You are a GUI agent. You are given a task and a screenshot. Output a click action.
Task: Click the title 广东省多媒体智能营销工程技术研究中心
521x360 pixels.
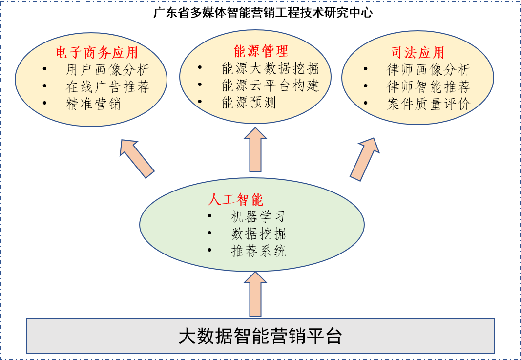pyautogui.click(x=263, y=13)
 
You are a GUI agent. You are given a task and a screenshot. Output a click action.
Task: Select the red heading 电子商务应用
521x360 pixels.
pyautogui.click(x=97, y=52)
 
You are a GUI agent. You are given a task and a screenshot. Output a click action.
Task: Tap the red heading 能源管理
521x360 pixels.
pyautogui.click(x=261, y=51)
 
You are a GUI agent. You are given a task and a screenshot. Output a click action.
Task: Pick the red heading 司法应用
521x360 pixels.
pyautogui.click(x=417, y=53)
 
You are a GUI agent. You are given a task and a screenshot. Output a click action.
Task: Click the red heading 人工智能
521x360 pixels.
pyautogui.click(x=235, y=199)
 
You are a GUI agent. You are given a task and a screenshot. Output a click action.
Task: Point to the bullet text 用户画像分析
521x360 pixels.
pyautogui.click(x=107, y=70)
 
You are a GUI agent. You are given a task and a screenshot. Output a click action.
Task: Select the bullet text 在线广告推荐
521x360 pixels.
pyautogui.click(x=107, y=87)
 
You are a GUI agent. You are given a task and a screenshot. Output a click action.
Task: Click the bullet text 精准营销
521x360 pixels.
pyautogui.click(x=93, y=104)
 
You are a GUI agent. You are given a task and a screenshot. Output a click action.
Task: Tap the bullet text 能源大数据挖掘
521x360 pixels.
pyautogui.click(x=270, y=68)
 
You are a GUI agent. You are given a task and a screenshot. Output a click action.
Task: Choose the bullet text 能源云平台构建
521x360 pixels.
pyautogui.click(x=270, y=85)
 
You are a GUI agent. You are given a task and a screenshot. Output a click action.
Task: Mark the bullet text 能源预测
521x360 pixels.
pyautogui.click(x=249, y=103)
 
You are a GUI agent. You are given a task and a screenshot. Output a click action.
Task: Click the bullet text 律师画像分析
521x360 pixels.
pyautogui.click(x=428, y=70)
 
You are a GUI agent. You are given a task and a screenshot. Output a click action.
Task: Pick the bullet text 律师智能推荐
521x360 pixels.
pyautogui.click(x=428, y=87)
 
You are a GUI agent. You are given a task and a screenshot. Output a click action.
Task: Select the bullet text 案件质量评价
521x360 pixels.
pyautogui.click(x=428, y=104)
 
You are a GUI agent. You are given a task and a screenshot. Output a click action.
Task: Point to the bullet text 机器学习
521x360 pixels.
pyautogui.click(x=258, y=216)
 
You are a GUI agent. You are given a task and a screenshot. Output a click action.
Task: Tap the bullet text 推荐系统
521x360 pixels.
pyautogui.click(x=258, y=251)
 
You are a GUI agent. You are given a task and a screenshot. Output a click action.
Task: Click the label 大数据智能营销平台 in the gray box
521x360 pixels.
pyautogui.click(x=260, y=337)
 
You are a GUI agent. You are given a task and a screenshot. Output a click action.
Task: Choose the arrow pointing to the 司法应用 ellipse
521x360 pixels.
pyautogui.click(x=365, y=159)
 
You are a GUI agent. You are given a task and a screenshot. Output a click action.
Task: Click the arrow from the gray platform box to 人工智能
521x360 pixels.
pyautogui.click(x=255, y=294)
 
